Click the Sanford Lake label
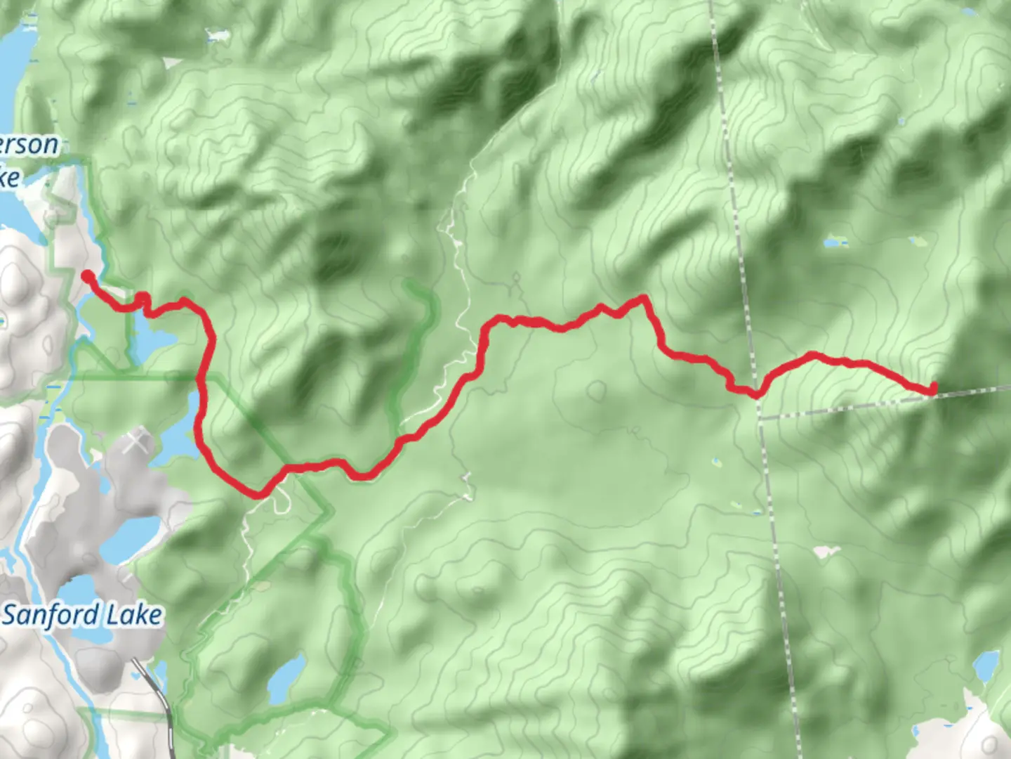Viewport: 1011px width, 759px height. tap(82, 615)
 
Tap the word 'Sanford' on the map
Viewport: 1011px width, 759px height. tap(51, 615)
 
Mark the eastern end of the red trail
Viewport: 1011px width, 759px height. tap(934, 388)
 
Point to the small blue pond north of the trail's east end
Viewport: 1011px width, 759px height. tap(833, 243)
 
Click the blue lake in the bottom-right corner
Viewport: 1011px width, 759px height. tap(986, 665)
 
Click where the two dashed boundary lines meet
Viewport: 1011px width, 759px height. tap(760, 419)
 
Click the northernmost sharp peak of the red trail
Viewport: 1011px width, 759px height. tap(642, 299)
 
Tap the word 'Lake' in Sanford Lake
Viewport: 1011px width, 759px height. tap(133, 615)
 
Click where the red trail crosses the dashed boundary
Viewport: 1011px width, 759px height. tap(756, 394)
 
